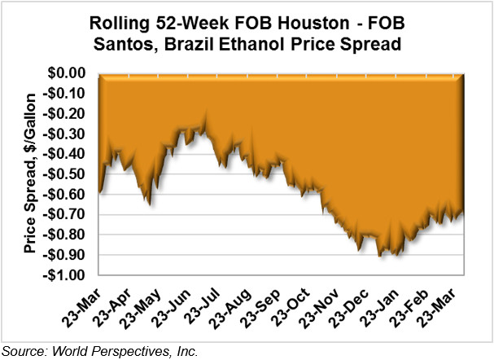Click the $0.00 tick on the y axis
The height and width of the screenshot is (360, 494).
[x=70, y=73]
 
